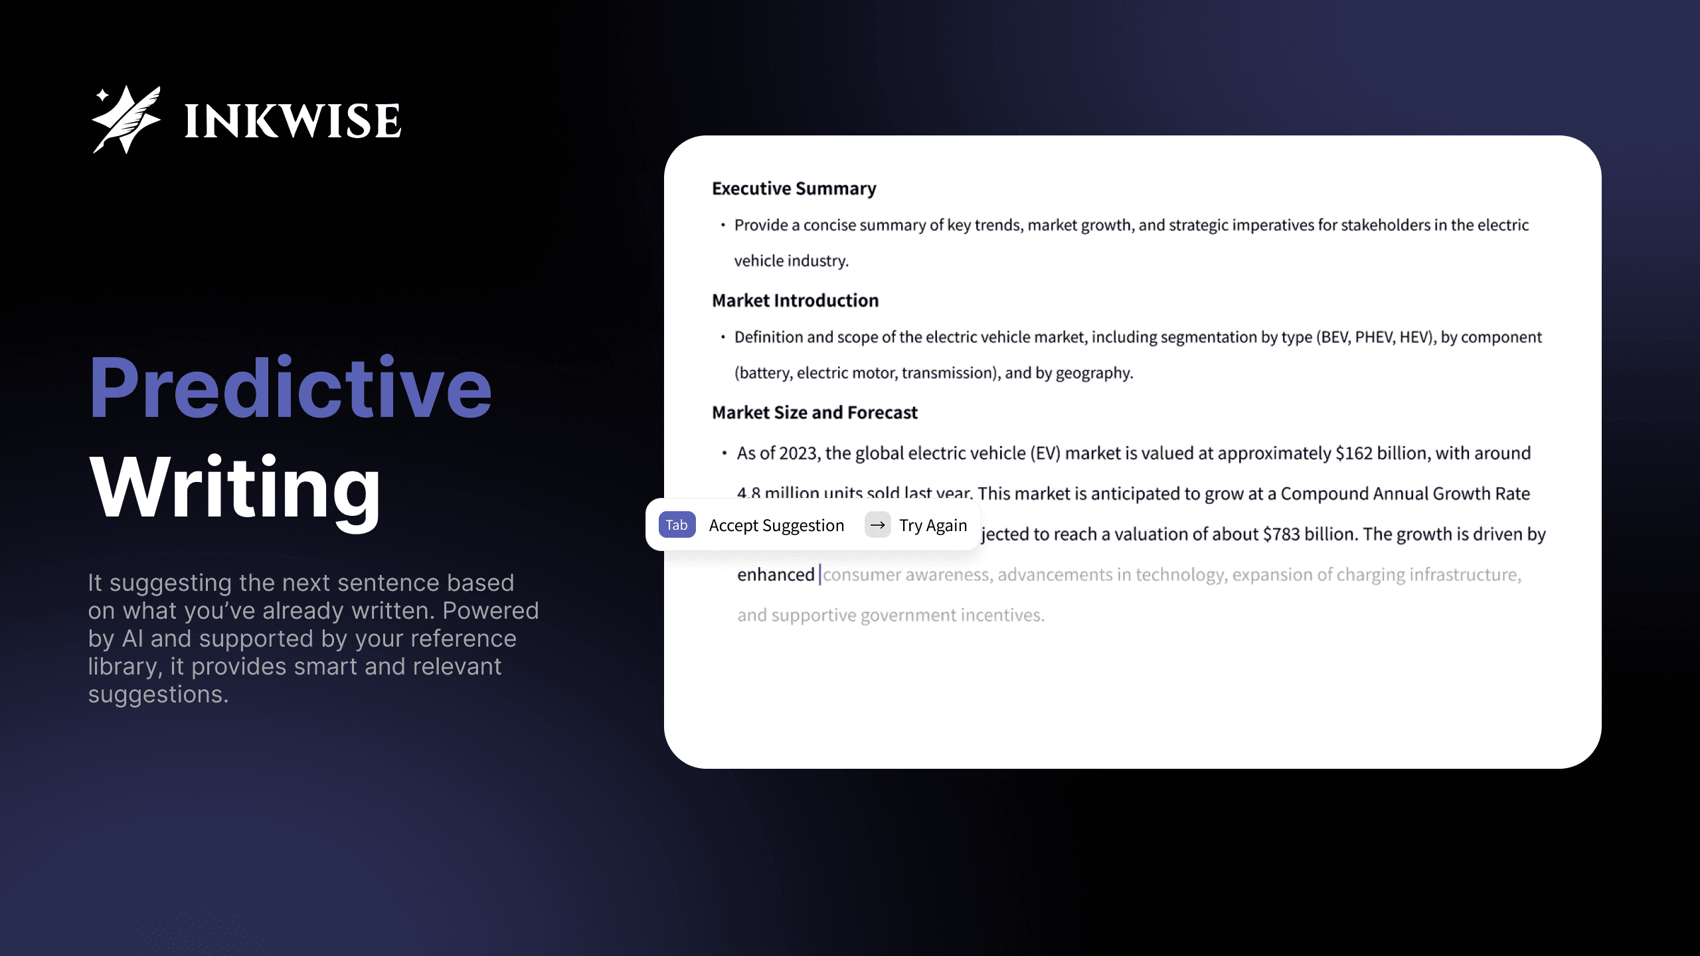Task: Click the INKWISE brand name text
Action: point(292,121)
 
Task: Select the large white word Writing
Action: point(235,488)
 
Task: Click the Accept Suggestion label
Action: point(776,525)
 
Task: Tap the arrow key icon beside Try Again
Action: point(877,525)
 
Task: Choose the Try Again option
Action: point(933,525)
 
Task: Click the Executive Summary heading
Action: point(794,189)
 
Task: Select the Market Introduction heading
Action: point(795,301)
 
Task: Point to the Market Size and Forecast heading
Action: point(814,413)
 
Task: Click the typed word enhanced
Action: point(775,575)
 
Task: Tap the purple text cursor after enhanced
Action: point(820,575)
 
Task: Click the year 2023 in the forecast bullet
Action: point(798,453)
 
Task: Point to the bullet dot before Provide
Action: point(722,225)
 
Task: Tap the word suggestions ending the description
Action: point(158,694)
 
